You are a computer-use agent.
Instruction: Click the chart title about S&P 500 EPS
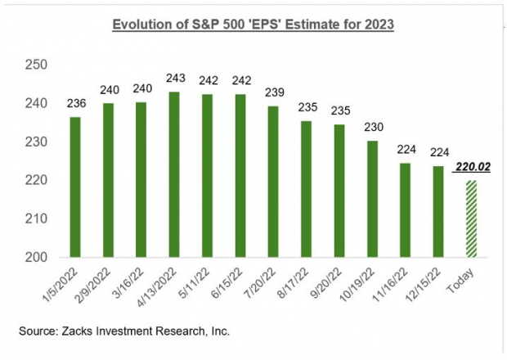(x=253, y=25)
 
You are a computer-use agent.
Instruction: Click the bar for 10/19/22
(x=372, y=199)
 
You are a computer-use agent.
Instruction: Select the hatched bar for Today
(x=471, y=218)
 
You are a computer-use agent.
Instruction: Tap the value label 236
(x=76, y=103)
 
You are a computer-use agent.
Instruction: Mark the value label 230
(x=372, y=127)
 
